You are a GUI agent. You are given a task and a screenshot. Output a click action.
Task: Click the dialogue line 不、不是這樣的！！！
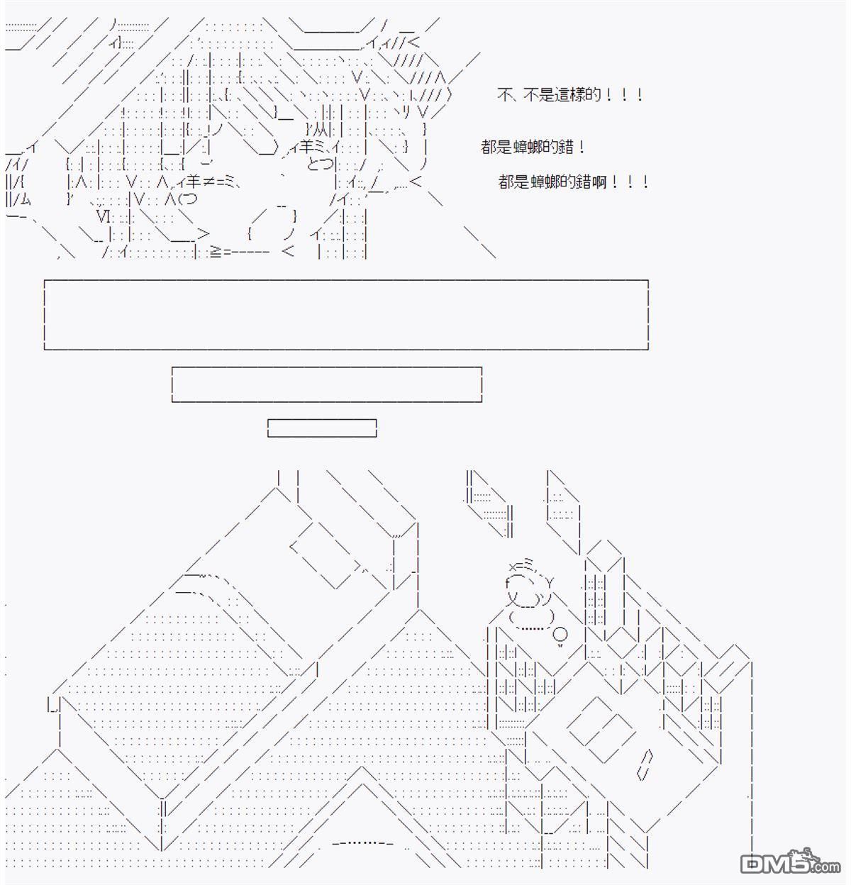click(x=570, y=95)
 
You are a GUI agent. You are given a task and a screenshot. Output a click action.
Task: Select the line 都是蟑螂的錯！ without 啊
click(x=533, y=147)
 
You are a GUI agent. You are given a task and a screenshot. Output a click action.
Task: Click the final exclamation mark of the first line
click(x=640, y=95)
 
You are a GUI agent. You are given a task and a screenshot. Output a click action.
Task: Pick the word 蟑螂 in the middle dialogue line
click(x=528, y=147)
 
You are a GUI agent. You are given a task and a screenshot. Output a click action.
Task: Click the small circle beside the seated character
click(x=560, y=633)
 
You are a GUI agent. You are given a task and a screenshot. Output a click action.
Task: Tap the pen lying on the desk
click(x=644, y=765)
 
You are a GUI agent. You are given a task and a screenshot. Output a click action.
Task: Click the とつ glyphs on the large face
click(x=321, y=164)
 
